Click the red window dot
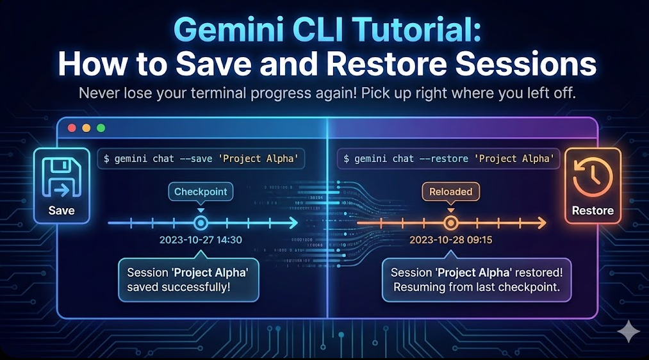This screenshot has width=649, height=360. click(x=72, y=128)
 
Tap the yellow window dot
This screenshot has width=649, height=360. click(x=86, y=128)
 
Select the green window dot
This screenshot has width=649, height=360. click(x=101, y=128)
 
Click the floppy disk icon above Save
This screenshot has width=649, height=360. click(x=61, y=177)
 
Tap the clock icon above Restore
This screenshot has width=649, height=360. click(x=593, y=177)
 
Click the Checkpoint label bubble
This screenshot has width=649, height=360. click(x=200, y=192)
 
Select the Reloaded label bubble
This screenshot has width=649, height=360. click(x=450, y=192)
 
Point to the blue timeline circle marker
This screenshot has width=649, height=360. click(x=201, y=223)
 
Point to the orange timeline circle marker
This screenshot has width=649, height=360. click(x=450, y=223)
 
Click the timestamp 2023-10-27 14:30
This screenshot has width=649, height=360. click(x=201, y=240)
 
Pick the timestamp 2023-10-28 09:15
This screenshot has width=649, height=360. click(x=450, y=240)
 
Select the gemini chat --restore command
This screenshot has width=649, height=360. click(x=448, y=158)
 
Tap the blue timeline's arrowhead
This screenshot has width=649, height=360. click(x=293, y=223)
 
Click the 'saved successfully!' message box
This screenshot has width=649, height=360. click(x=188, y=280)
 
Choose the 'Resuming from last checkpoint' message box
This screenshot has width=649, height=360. click(x=477, y=280)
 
